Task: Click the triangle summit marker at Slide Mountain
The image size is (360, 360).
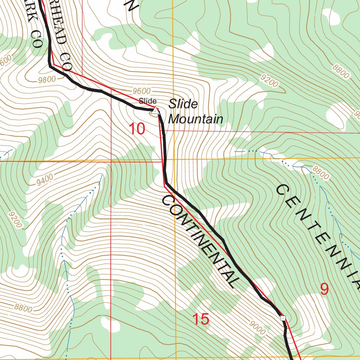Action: pos(155,111)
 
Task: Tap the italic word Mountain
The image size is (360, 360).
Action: pos(195,119)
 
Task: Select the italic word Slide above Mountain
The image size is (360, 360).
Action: pos(183,104)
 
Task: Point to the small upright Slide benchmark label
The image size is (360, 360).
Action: pos(147,101)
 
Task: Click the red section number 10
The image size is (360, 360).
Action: pos(136,129)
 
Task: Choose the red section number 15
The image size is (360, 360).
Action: pos(201,320)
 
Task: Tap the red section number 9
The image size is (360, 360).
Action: pos(324,289)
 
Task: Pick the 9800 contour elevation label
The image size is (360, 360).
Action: pos(47,79)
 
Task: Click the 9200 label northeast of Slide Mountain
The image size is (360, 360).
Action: pos(270,81)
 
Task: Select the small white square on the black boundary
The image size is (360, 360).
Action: pos(283,318)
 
